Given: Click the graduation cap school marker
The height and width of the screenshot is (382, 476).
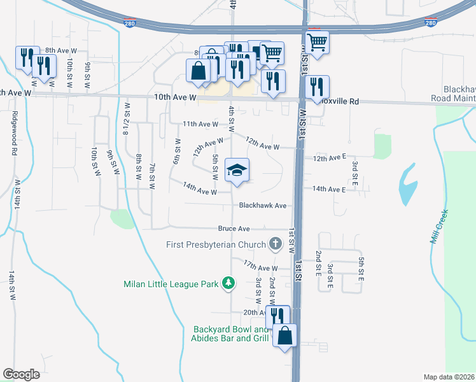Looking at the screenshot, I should pos(237,171).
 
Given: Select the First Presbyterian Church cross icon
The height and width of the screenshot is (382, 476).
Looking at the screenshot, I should pos(276,244).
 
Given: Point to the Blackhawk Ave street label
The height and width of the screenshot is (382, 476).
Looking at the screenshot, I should pos(263,206).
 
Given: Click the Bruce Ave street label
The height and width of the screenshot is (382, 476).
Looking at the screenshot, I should pos(234,229).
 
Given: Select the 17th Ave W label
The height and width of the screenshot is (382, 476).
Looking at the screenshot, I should pos(261,265).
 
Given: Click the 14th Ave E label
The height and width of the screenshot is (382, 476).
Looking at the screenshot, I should pos(329,189).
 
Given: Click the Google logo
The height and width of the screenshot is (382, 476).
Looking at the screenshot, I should pos(22,374).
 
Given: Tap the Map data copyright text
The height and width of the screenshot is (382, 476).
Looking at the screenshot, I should pos(449,377).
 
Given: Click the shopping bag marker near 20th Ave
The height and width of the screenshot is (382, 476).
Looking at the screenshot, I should pos(285,336).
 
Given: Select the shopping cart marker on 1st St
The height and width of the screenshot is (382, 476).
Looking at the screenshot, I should pos(317,43).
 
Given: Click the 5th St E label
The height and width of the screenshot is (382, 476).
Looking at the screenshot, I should pos(360,270).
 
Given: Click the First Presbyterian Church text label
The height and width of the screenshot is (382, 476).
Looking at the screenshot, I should pos(215,244).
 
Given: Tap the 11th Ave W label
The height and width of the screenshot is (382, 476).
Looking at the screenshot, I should pos(200,124).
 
